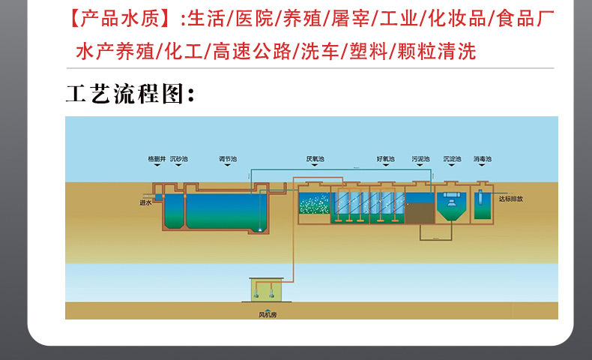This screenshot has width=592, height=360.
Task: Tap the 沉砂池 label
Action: click(x=179, y=159)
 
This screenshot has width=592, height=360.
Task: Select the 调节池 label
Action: click(x=227, y=159)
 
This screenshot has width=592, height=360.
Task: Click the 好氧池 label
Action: click(x=384, y=159)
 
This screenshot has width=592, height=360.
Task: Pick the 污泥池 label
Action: click(x=420, y=159)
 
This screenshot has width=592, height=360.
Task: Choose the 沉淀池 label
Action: click(x=451, y=159)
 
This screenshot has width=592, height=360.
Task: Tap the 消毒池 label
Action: click(x=482, y=159)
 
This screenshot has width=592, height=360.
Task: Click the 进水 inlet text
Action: click(x=145, y=202)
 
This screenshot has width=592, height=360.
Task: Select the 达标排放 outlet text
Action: click(x=510, y=199)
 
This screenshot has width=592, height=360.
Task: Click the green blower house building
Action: click(x=267, y=289)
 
